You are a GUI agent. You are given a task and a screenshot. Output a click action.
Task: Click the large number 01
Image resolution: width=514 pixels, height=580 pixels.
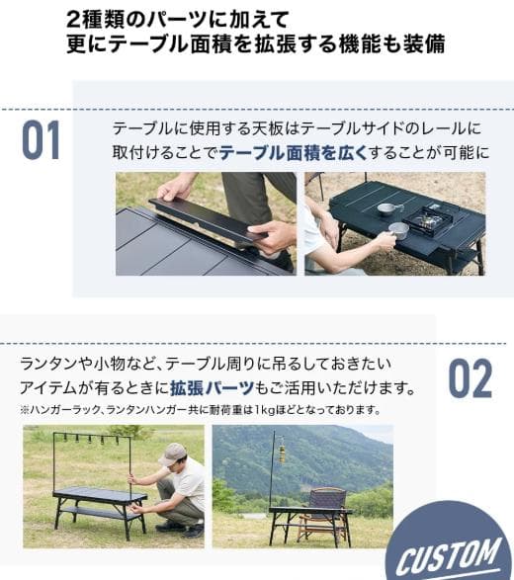[x=41, y=140]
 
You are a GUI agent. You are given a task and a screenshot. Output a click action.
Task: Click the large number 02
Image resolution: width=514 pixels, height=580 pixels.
[x=470, y=378]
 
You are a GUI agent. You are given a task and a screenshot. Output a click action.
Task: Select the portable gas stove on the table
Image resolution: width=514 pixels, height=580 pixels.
[x=432, y=218]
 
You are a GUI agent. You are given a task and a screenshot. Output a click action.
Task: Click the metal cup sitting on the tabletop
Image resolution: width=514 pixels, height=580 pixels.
[x=387, y=208]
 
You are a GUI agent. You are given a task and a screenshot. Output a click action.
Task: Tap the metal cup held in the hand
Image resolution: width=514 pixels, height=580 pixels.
[x=398, y=230]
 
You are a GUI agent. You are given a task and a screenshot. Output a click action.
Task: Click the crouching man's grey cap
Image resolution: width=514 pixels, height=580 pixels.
[x=173, y=454]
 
